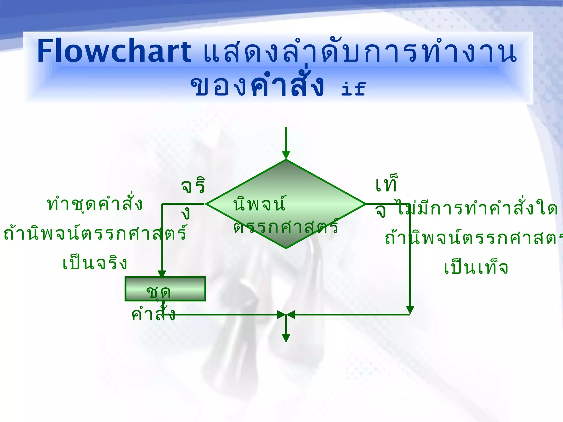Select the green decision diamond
point(286,181)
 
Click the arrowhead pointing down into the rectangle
point(162,274)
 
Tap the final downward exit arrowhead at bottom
point(286,338)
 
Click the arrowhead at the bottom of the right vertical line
point(410,310)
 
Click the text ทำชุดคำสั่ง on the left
point(95,204)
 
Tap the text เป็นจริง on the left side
point(95,263)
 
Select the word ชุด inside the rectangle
point(159,292)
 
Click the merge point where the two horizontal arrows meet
point(286,315)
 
